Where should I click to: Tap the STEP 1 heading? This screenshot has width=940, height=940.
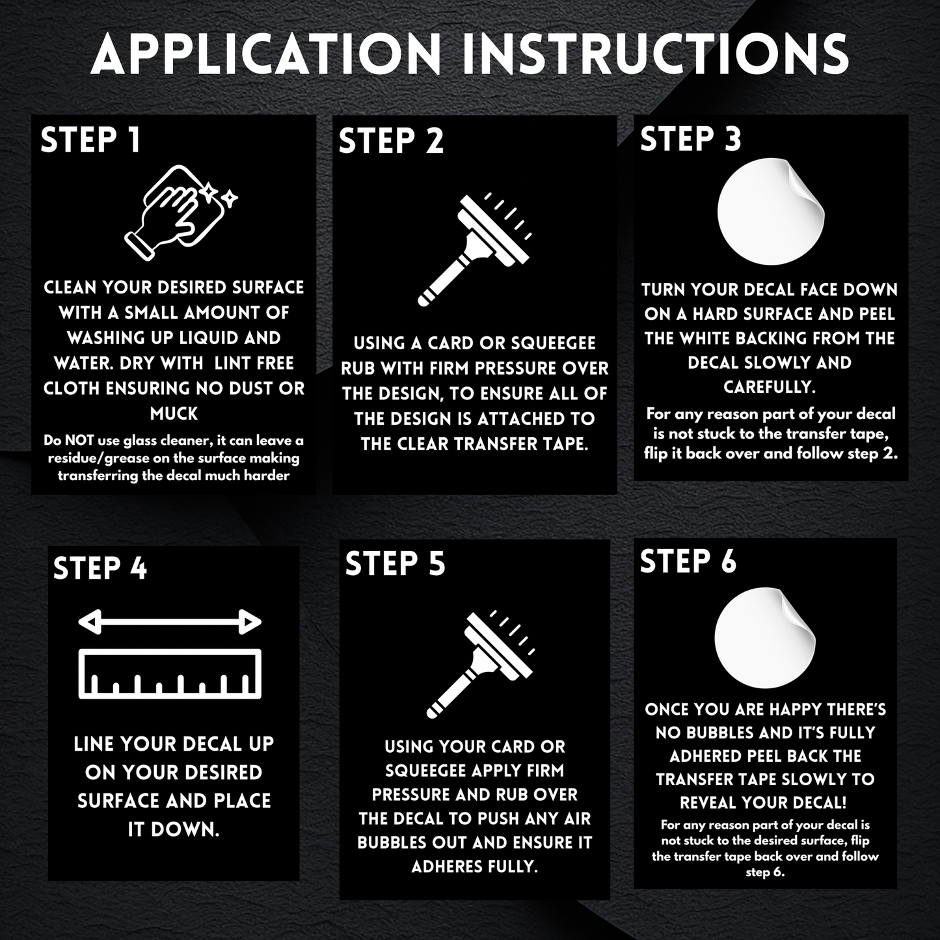click(90, 140)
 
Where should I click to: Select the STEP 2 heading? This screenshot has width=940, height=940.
click(391, 141)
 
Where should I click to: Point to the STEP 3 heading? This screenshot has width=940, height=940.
click(691, 139)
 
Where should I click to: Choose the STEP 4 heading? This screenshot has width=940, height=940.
click(100, 569)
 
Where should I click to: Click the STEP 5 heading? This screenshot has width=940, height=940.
click(395, 563)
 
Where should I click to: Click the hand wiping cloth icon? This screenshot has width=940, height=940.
click(181, 212)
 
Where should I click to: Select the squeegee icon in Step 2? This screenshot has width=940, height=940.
click(475, 250)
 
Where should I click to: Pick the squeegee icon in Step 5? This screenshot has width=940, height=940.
click(481, 664)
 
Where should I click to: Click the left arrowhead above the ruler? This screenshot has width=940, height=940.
click(89, 622)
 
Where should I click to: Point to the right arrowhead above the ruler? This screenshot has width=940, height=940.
click(250, 622)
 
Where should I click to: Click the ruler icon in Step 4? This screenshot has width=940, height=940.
click(170, 674)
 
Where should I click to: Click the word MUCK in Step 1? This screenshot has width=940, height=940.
click(174, 414)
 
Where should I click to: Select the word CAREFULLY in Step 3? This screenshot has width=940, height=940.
click(770, 387)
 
